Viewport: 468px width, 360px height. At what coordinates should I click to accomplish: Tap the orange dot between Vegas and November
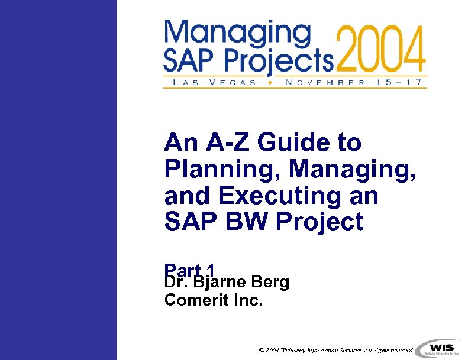(x=270, y=83)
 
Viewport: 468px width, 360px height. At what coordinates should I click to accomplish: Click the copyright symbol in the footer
(x=262, y=350)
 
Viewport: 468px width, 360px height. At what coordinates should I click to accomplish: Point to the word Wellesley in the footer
(x=294, y=350)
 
